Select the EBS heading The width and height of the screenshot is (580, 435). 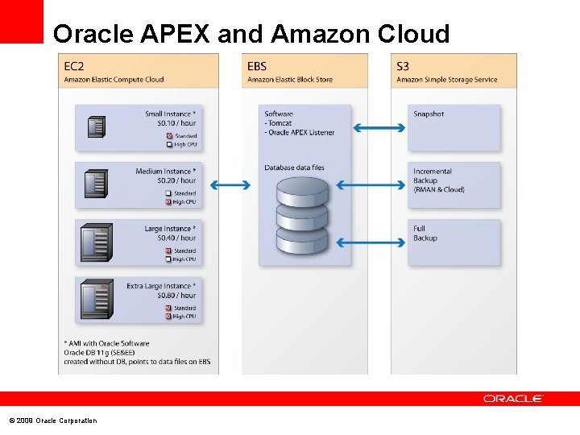point(256,66)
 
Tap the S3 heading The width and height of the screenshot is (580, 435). point(403,66)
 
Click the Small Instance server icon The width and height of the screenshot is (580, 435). point(97,126)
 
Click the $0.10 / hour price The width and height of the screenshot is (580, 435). point(176,123)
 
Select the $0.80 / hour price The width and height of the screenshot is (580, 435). point(176,296)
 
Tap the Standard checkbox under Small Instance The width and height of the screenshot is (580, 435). point(169,136)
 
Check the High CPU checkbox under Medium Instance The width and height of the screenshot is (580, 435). point(169,202)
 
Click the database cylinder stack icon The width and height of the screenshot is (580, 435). point(302,214)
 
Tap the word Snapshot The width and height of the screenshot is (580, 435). point(429,114)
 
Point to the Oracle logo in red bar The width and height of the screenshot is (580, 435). point(513,399)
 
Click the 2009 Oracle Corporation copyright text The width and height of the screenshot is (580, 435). point(52,421)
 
